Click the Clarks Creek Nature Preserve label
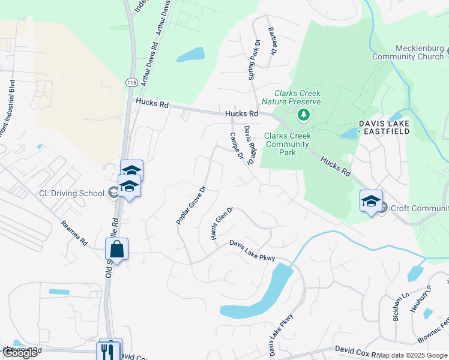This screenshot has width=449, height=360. pos(297,97)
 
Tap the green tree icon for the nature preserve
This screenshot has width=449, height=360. pos(304,114)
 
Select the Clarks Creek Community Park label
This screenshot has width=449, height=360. pos(288,144)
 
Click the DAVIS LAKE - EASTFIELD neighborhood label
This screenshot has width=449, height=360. pos(393,127)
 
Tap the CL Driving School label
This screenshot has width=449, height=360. pos(71,193)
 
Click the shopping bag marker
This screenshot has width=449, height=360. pos(116,249)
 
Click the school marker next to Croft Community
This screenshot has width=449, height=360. pos(371,201)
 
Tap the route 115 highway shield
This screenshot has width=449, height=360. pos(132,82)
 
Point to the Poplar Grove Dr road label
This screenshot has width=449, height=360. pos(191,205)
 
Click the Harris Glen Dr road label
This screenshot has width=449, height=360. pos(221,224)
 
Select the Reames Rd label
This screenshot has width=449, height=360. pos(74,233)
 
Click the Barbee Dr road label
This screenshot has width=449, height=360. pos(273,41)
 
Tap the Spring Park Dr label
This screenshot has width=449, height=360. pos(252,62)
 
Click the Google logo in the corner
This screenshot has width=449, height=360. pos(19,353)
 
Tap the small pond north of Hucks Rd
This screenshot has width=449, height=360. pos(190,56)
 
